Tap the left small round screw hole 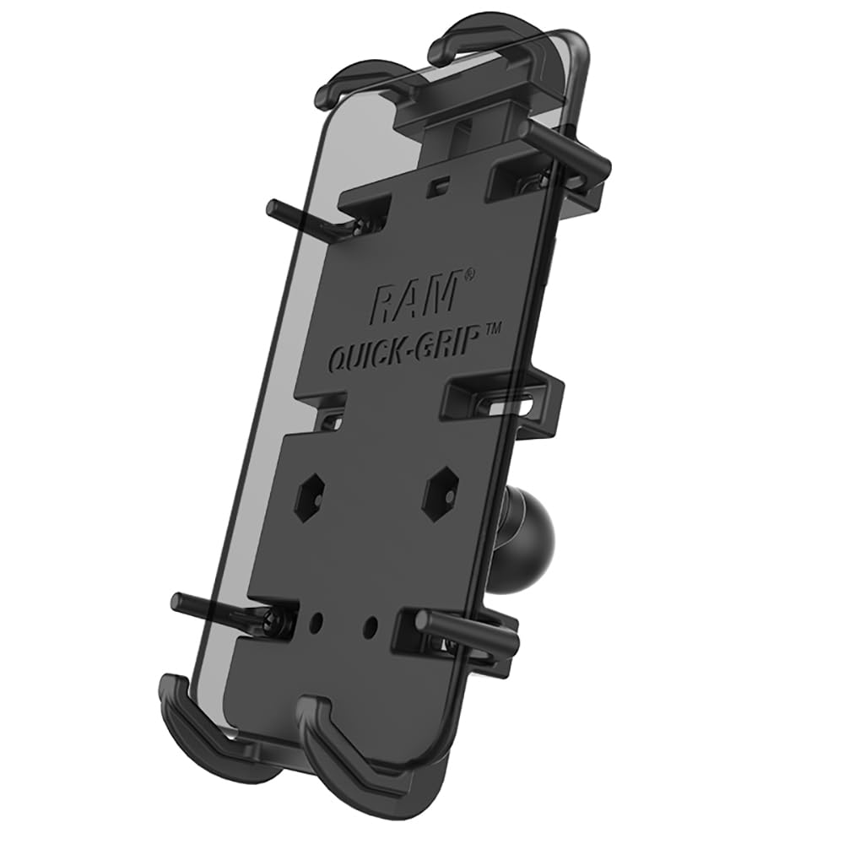317,620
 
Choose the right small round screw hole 371,627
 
